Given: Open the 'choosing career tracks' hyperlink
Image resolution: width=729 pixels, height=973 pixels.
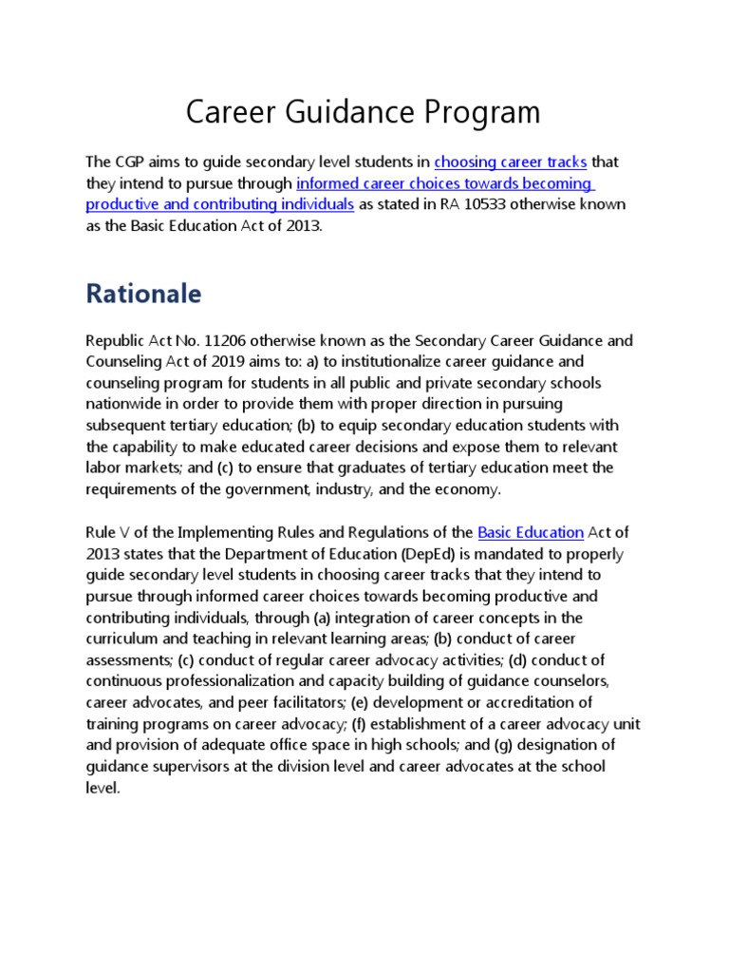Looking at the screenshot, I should [x=511, y=162].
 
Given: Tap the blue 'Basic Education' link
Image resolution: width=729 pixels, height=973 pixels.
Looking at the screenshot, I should [x=530, y=532].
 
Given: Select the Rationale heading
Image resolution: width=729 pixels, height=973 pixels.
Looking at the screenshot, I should [x=143, y=294].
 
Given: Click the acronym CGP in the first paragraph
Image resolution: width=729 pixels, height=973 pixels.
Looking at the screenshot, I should [x=130, y=162].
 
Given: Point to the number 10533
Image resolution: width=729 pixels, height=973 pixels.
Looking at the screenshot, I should [x=484, y=204].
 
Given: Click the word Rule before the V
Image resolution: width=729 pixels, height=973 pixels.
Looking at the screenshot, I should [x=102, y=532].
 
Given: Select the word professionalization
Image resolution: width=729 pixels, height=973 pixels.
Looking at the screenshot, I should [x=226, y=681].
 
